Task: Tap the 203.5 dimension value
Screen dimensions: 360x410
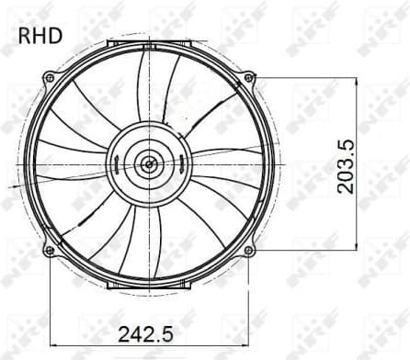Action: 347,166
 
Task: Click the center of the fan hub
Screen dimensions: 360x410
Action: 147,164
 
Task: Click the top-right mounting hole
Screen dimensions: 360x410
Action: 248,78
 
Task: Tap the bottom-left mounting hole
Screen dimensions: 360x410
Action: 49,249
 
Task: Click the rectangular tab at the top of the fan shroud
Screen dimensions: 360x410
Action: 148,43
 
